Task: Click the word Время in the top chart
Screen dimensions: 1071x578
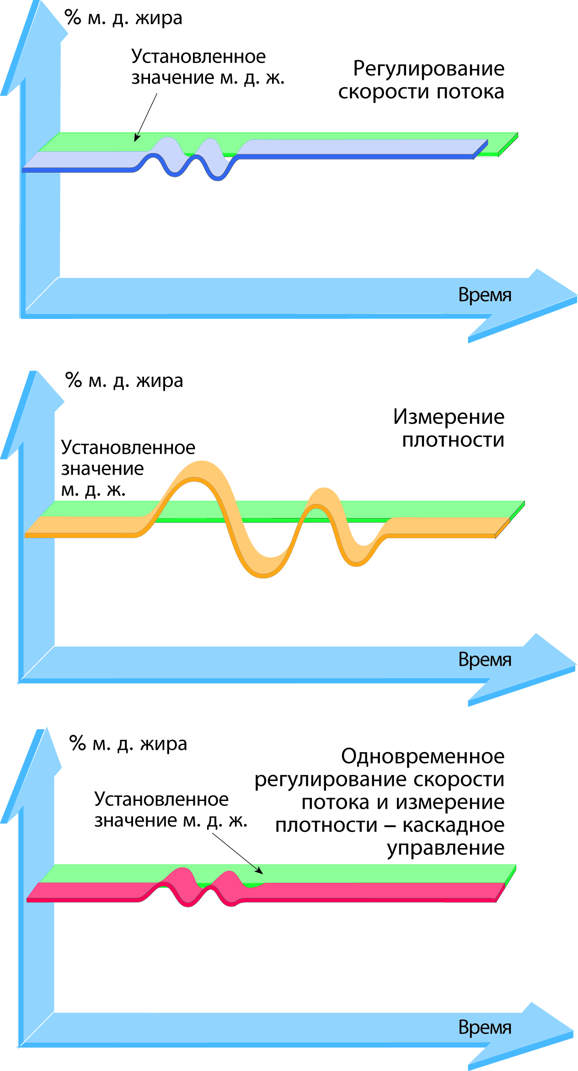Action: click(x=485, y=295)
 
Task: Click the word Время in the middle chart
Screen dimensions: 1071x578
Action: click(x=485, y=660)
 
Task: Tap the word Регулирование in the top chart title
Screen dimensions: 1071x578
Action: click(x=428, y=69)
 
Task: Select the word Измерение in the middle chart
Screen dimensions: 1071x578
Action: click(x=449, y=417)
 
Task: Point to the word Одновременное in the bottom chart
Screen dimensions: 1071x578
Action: click(x=423, y=757)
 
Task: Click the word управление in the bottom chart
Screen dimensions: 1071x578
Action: click(x=445, y=848)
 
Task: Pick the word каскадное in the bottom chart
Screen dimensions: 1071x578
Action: click(x=453, y=825)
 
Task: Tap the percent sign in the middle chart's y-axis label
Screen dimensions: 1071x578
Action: click(x=73, y=380)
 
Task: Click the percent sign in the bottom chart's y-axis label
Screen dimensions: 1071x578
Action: click(x=77, y=743)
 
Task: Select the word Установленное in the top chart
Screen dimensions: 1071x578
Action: click(x=198, y=57)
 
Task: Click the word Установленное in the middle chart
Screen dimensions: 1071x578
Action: click(x=128, y=448)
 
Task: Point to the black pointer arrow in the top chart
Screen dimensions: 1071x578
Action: click(x=146, y=117)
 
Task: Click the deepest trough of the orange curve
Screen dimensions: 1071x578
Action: click(x=263, y=577)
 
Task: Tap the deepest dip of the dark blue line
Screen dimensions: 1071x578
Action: click(x=218, y=179)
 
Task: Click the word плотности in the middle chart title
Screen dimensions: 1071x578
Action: click(x=453, y=440)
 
